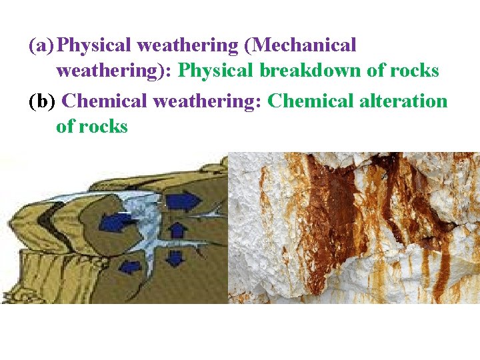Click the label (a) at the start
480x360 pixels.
(x=42, y=46)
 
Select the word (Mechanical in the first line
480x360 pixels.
(x=305, y=46)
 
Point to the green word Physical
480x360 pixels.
(x=217, y=70)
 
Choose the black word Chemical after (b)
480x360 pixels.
(x=107, y=101)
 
